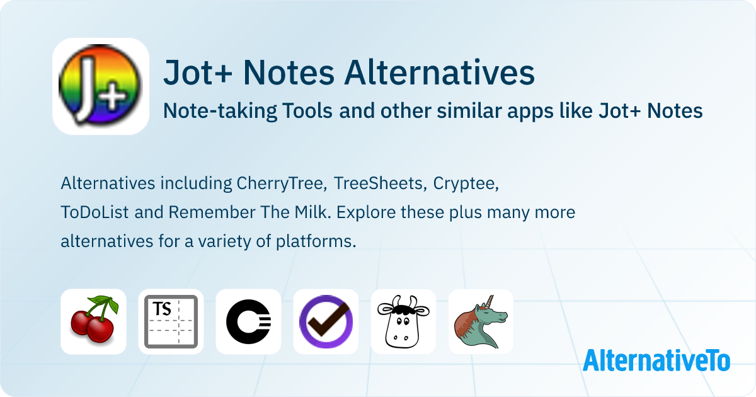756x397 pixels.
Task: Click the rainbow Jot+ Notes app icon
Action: pyautogui.click(x=101, y=86)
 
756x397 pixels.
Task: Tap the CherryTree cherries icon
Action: pyautogui.click(x=93, y=321)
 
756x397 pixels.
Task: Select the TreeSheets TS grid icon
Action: pyautogui.click(x=171, y=321)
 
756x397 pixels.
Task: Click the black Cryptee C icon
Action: pyautogui.click(x=248, y=321)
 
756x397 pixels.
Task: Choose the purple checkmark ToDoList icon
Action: pyautogui.click(x=326, y=321)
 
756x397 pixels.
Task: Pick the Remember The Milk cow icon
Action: pyautogui.click(x=403, y=321)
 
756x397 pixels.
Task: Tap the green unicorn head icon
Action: pyautogui.click(x=481, y=321)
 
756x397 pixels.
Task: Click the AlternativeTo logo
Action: pyautogui.click(x=656, y=360)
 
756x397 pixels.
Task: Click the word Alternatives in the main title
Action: pyautogui.click(x=440, y=72)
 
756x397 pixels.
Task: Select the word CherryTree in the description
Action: pyautogui.click(x=282, y=183)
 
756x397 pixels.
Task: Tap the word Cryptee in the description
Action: pyautogui.click(x=466, y=184)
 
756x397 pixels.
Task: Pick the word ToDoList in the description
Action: pyautogui.click(x=95, y=212)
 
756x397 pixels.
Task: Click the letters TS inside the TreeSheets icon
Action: pyautogui.click(x=162, y=309)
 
